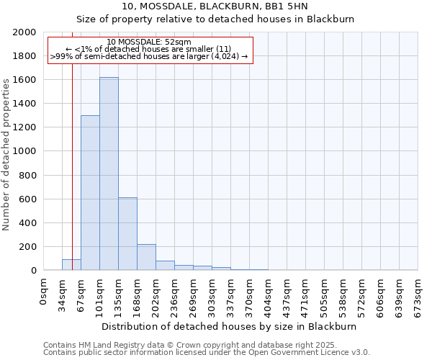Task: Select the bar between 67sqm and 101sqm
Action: (90, 193)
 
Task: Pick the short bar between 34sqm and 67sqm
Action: (71, 265)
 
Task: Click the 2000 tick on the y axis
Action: (24, 32)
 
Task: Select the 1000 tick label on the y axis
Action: (24, 151)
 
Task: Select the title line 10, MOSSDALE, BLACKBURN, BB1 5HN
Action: (230, 6)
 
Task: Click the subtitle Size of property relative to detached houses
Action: (230, 19)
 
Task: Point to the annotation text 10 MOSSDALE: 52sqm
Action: (149, 42)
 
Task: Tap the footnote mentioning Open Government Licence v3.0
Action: (207, 353)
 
